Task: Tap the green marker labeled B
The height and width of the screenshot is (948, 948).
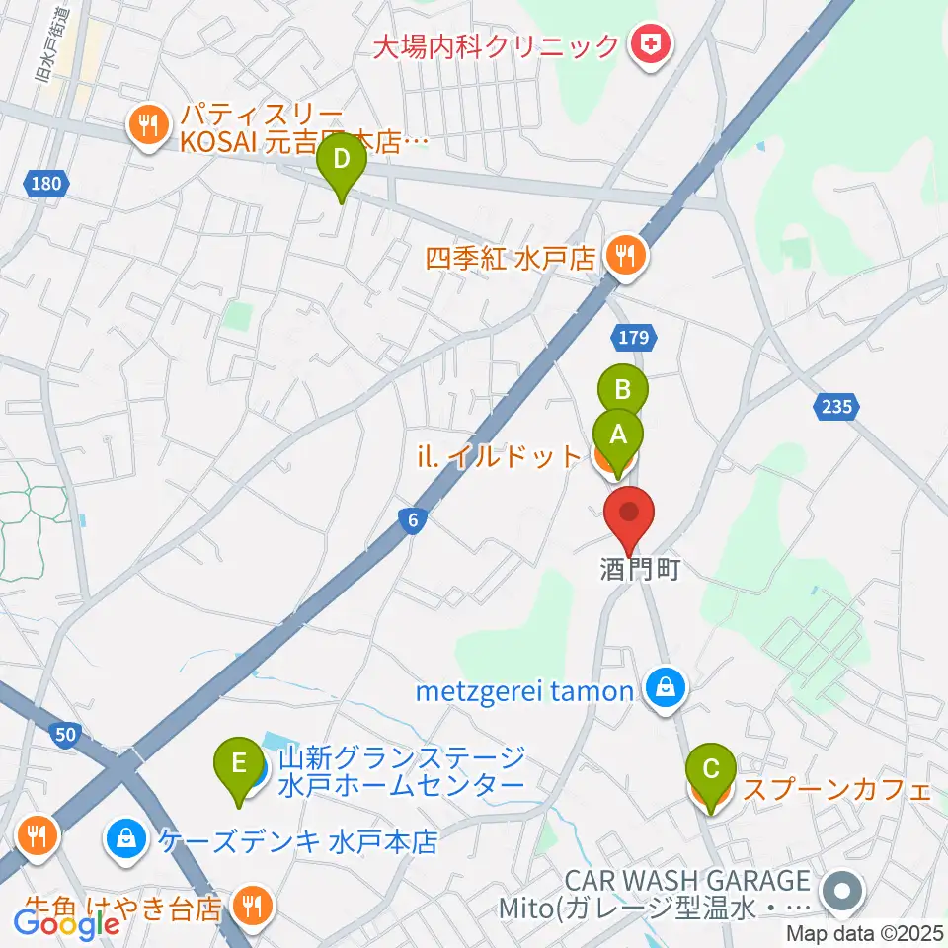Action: pyautogui.click(x=623, y=391)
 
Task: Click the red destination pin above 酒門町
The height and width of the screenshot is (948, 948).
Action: pyautogui.click(x=629, y=514)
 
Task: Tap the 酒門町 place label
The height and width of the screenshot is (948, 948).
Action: pyautogui.click(x=640, y=571)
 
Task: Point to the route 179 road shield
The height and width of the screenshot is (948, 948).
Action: pyautogui.click(x=634, y=338)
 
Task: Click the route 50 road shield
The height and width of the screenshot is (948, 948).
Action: pyautogui.click(x=66, y=733)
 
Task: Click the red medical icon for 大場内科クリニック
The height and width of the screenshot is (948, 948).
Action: pyautogui.click(x=651, y=44)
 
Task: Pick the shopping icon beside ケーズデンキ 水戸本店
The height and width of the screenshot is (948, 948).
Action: pyautogui.click(x=125, y=841)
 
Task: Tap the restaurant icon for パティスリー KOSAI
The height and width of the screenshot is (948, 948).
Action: pyautogui.click(x=148, y=124)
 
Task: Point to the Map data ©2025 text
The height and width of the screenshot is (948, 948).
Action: pyautogui.click(x=865, y=933)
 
